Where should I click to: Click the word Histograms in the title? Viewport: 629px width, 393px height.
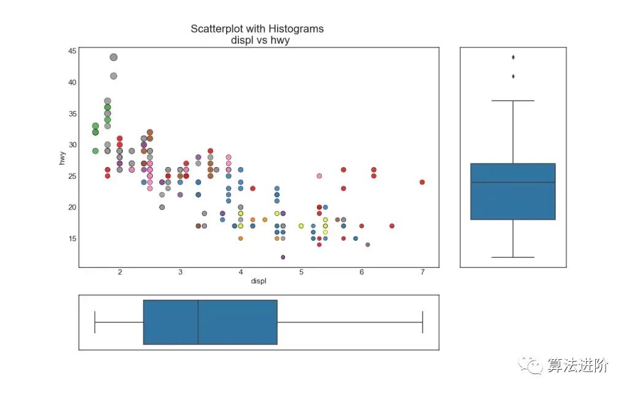pos(294,29)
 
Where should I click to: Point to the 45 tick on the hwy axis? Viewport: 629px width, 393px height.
pos(72,51)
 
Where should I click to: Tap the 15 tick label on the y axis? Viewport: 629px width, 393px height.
pos(72,238)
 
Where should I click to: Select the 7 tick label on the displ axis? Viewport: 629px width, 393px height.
pos(423,272)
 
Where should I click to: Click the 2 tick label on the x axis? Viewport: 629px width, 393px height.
pos(120,272)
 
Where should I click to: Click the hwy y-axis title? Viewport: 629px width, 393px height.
pos(62,157)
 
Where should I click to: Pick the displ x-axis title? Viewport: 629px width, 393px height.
pos(259,281)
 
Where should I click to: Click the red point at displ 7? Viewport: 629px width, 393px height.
pos(423,182)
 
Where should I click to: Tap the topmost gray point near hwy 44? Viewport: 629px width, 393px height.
pos(114,57)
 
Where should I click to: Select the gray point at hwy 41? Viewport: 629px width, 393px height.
pos(114,76)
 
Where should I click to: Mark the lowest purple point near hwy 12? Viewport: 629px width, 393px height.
pos(283,257)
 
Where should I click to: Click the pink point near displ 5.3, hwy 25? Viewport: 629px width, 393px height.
pos(319,176)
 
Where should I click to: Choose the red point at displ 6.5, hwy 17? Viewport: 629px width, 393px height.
pos(392,226)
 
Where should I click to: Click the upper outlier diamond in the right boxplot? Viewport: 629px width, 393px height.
pos(513,57)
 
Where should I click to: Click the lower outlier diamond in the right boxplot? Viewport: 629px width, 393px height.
pos(513,76)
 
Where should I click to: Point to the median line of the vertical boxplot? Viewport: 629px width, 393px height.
pos(513,182)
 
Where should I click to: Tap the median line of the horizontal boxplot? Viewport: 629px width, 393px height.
pos(198,322)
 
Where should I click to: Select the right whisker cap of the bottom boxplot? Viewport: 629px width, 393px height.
pos(423,322)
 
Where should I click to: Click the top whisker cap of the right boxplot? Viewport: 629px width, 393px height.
pos(513,101)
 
